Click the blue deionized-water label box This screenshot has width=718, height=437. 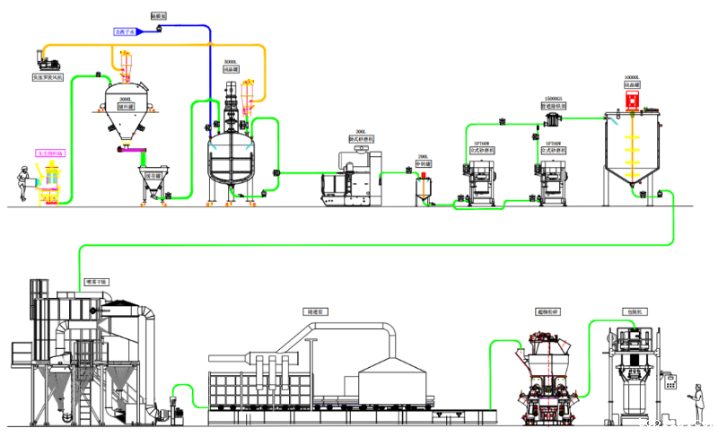(x=123, y=31)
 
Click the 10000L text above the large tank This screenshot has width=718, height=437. (x=632, y=78)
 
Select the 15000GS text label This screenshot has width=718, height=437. (x=554, y=98)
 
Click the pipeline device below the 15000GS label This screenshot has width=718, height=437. (x=554, y=116)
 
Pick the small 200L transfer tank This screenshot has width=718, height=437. (x=423, y=188)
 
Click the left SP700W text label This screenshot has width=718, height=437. (x=482, y=143)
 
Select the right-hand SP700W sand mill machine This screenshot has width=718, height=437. (x=553, y=175)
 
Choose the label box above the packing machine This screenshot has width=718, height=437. (x=633, y=311)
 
